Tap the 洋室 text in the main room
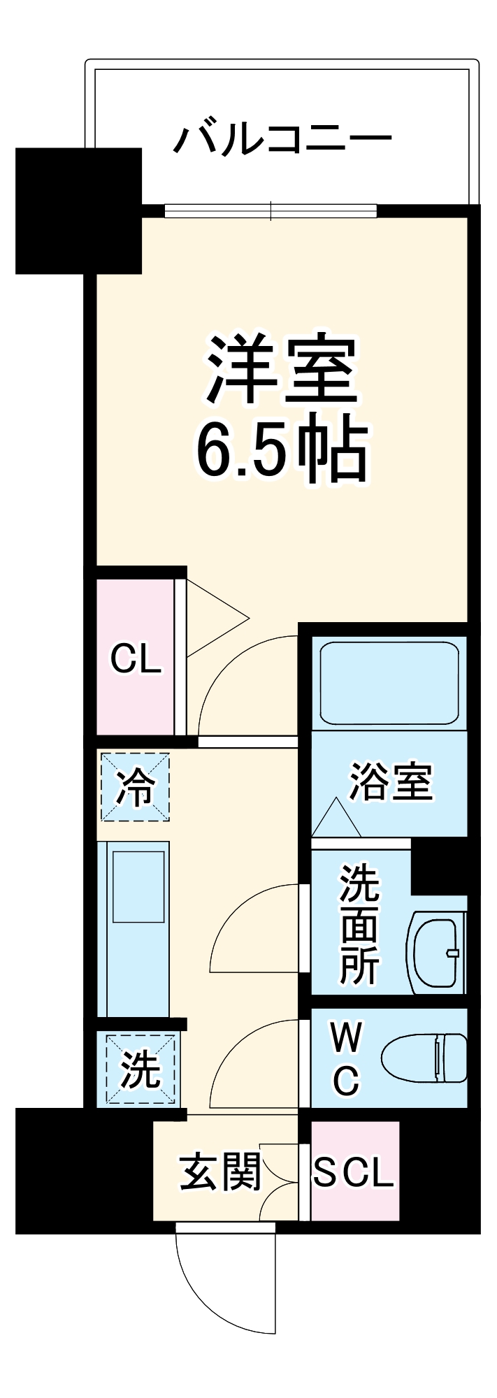pos(281,370)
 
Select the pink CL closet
pos(136,658)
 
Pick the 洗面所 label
pos(359,923)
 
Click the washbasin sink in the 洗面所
pos(435,951)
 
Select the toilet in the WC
pos(425,1058)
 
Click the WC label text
pos(346,1058)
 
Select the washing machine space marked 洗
pos(140,1069)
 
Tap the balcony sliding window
pos(271,210)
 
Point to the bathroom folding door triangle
pos(336,819)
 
